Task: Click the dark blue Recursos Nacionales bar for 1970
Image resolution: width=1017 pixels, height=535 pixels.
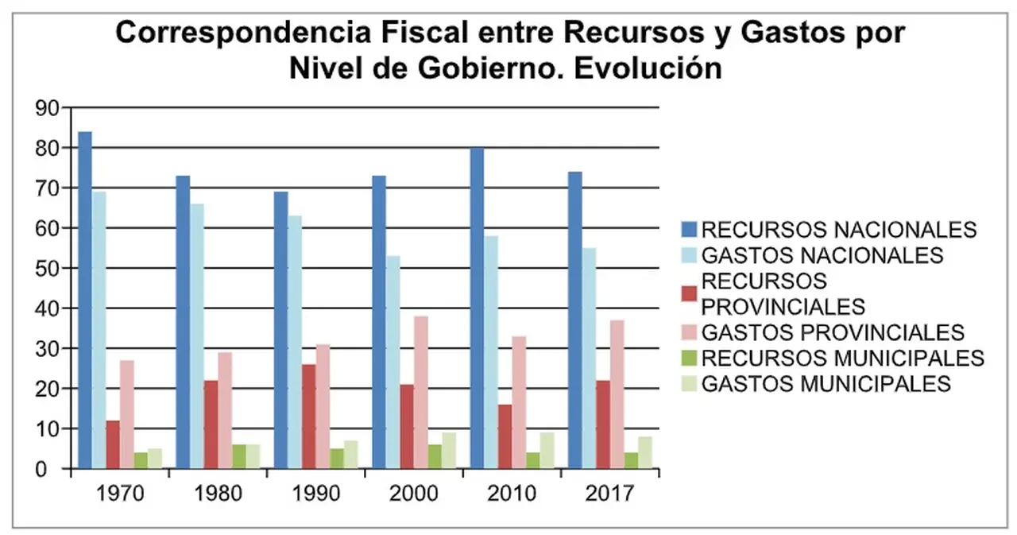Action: click(85, 300)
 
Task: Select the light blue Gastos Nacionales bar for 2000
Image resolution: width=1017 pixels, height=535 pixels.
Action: click(393, 362)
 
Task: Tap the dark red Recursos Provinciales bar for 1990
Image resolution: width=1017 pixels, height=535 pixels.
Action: click(309, 416)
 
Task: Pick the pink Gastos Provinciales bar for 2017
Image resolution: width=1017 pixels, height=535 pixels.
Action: click(617, 394)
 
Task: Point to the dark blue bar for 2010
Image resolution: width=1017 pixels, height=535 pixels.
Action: click(478, 308)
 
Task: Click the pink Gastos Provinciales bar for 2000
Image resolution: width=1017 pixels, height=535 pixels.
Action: click(421, 392)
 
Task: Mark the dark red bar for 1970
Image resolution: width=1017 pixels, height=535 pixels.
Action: click(113, 444)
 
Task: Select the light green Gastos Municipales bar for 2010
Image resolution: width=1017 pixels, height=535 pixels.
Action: click(547, 450)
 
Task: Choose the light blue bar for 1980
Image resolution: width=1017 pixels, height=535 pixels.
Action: click(197, 336)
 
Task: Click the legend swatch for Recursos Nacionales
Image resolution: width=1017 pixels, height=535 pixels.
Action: click(689, 230)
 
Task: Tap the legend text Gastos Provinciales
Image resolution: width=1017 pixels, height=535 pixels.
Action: click(833, 332)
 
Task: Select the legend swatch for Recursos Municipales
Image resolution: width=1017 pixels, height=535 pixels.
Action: click(689, 358)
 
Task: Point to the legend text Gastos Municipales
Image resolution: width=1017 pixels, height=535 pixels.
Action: click(826, 384)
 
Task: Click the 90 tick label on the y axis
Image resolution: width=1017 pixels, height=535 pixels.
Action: click(47, 108)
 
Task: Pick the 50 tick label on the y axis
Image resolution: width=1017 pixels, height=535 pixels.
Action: click(47, 269)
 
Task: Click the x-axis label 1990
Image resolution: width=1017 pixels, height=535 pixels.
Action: click(316, 494)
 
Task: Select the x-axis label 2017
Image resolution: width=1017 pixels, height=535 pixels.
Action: click(609, 494)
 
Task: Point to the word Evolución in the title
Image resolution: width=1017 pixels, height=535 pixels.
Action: click(648, 69)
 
